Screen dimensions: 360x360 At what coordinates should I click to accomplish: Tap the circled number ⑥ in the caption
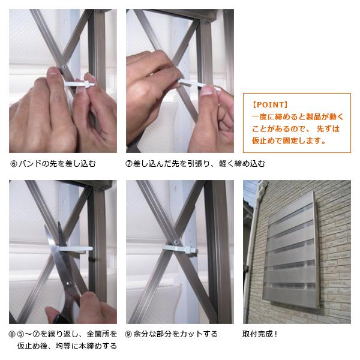point(14,164)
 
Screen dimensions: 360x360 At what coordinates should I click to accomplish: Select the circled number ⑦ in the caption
point(128,164)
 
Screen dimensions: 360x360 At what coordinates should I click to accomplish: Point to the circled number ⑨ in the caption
point(128,334)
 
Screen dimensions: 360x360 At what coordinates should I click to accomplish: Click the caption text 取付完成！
point(260,334)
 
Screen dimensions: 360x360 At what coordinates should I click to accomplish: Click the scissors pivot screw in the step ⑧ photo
point(68,284)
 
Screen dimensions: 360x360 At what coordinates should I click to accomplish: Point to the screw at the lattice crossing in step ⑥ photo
point(64,67)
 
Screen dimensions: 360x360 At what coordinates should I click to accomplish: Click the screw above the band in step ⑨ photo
point(176,242)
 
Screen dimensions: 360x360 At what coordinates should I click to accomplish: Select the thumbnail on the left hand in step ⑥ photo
point(53,71)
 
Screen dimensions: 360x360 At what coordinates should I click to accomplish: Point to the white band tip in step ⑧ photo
point(90,248)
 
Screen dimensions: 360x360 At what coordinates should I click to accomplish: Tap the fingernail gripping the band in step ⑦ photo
point(207,90)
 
